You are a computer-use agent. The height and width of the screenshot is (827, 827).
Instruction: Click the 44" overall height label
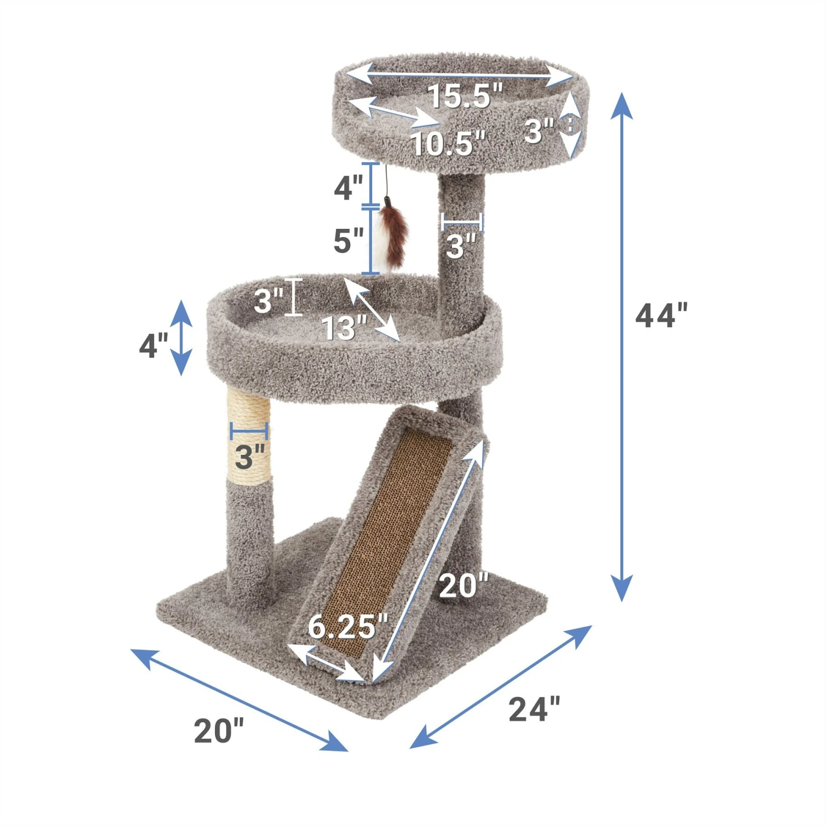(x=662, y=316)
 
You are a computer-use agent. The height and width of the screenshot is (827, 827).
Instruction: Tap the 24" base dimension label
(x=534, y=710)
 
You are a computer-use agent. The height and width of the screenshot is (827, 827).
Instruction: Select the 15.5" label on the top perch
(x=465, y=96)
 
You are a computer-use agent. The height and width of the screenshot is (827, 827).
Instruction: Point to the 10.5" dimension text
(x=448, y=144)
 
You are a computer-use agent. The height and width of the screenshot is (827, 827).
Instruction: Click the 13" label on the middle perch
(x=345, y=329)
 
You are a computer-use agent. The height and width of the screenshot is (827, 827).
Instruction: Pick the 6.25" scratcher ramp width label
(x=348, y=627)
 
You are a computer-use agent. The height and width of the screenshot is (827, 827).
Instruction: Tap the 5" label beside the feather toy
(x=348, y=241)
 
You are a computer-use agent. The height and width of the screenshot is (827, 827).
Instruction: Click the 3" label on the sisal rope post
(x=250, y=457)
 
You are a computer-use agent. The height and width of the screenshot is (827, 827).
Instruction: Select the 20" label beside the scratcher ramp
(x=463, y=586)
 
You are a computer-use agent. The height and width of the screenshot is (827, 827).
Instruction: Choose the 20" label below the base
(x=218, y=731)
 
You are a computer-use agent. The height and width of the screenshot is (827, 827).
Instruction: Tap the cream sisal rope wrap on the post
(x=249, y=436)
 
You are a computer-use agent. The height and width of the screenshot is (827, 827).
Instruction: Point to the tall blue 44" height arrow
(x=622, y=347)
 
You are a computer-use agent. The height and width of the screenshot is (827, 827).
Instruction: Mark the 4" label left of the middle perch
(x=153, y=346)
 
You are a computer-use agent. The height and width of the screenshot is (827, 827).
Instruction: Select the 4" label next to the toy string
(x=348, y=187)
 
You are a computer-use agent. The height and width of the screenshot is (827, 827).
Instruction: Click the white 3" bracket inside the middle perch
(x=293, y=297)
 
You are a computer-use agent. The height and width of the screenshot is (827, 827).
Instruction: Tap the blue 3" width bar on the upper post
(x=462, y=222)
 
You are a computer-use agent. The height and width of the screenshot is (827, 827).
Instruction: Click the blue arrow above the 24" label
(x=501, y=687)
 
